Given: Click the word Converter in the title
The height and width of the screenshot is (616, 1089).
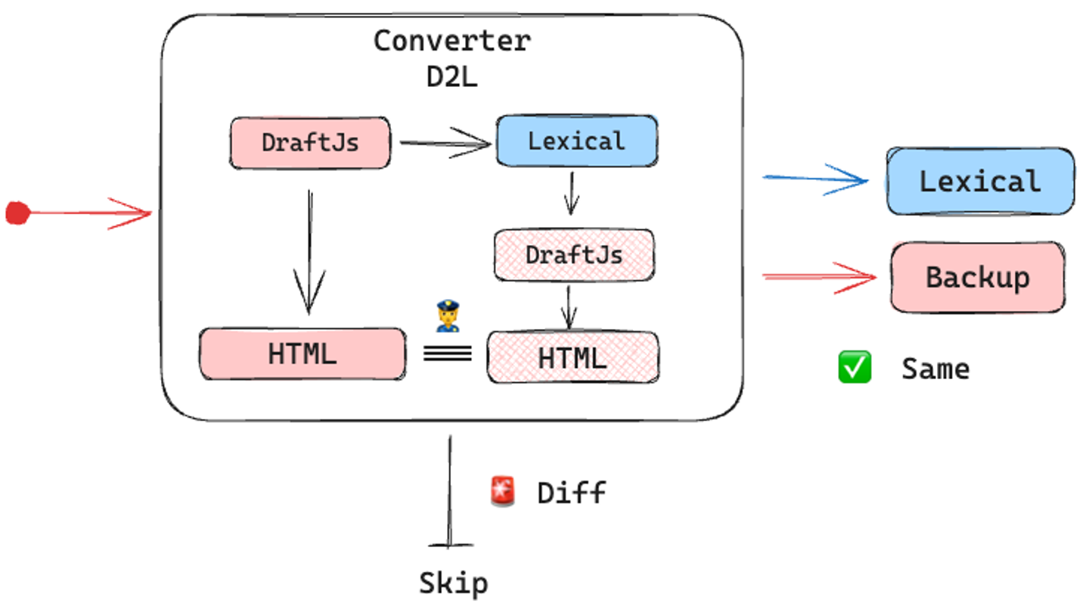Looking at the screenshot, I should point(451,40).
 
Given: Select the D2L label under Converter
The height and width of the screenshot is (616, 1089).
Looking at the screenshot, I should point(451,77).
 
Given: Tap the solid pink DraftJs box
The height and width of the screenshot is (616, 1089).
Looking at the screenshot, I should point(310,142).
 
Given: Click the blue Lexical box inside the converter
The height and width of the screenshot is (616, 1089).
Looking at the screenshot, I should point(576,141).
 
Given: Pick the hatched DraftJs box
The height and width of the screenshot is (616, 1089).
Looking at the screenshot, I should point(574,255).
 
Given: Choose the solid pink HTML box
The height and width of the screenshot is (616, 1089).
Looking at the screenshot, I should point(302,353).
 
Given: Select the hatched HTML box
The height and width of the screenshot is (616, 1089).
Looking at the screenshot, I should point(572,357).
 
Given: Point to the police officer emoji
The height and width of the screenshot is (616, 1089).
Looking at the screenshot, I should point(448,316).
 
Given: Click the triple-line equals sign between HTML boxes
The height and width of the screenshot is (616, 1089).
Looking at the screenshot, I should point(447,353).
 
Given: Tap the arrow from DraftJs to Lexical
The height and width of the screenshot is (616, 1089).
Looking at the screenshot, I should point(444,142).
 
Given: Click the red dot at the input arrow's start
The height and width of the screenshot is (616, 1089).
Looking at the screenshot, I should point(17,213).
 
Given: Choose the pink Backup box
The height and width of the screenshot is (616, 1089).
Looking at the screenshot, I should point(977,277).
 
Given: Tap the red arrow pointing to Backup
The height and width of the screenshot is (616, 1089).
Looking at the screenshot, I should point(818,277).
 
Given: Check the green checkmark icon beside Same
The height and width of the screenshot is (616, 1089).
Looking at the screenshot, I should point(855,368).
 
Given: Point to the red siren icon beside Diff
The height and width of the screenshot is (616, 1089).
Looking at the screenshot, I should point(502,492).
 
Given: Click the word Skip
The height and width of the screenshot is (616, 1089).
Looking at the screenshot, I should point(453,583).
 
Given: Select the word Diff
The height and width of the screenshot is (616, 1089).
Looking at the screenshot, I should point(572,493).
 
